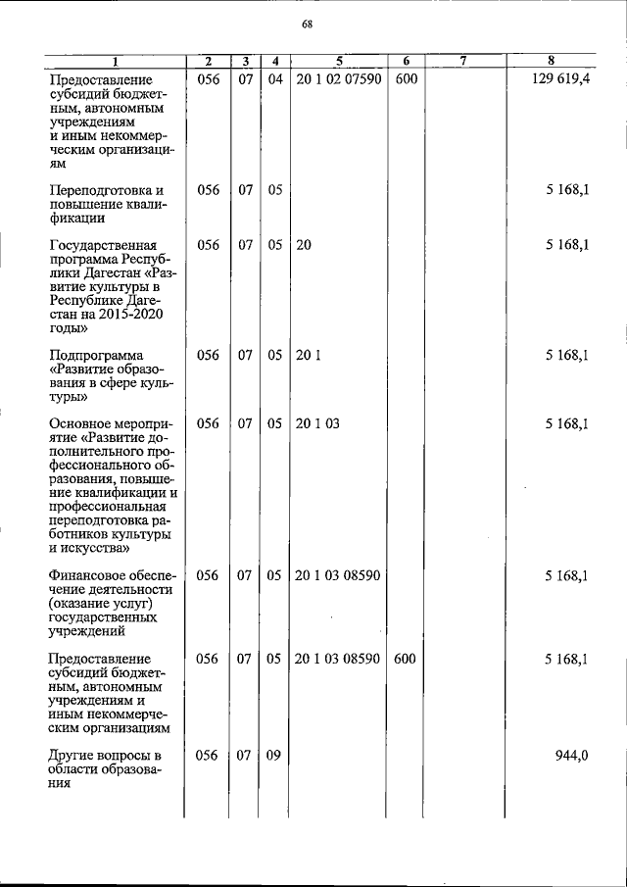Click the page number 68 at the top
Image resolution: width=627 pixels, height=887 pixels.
(x=308, y=25)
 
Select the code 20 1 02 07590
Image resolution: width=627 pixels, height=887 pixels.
(x=337, y=77)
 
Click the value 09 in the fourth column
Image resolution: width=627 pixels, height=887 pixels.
(x=274, y=756)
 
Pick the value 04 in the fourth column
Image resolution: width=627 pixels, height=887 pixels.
(x=274, y=77)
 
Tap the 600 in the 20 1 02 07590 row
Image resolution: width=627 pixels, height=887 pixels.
(x=407, y=77)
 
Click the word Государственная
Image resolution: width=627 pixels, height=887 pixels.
(x=103, y=246)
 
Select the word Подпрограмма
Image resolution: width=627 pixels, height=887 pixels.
(x=97, y=356)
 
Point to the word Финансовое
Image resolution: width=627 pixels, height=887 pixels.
(x=89, y=576)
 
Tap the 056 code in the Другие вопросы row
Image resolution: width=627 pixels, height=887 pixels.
(x=208, y=756)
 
